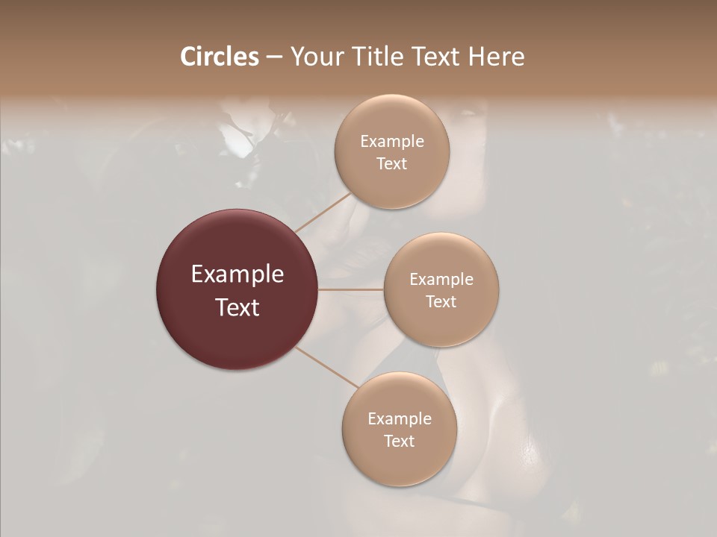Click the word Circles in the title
click(219, 57)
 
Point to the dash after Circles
click(273, 57)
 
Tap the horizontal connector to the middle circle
click(351, 289)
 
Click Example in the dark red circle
click(238, 274)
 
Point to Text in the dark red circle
click(238, 307)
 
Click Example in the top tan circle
click(392, 142)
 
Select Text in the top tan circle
click(392, 164)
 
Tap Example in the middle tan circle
click(441, 280)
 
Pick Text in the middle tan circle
click(441, 302)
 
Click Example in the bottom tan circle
click(400, 419)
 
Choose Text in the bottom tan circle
click(400, 442)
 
